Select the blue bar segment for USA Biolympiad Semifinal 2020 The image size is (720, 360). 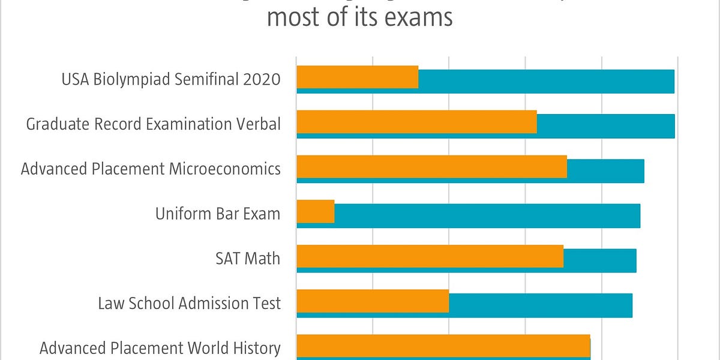[x=546, y=81]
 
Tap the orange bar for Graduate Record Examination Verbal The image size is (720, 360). [x=416, y=122]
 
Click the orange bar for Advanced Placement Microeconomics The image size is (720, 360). [x=431, y=166]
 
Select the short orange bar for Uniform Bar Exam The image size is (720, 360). [x=316, y=211]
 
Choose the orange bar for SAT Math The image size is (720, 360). [x=430, y=256]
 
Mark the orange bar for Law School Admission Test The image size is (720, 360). [x=373, y=301]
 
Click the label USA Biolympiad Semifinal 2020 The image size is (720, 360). [x=171, y=79]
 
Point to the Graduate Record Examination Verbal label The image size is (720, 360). [x=153, y=124]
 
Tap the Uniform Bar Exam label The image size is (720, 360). [x=218, y=214]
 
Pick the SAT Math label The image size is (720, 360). [x=248, y=259]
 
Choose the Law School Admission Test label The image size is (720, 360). [x=189, y=304]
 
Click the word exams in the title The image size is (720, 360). [x=418, y=17]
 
